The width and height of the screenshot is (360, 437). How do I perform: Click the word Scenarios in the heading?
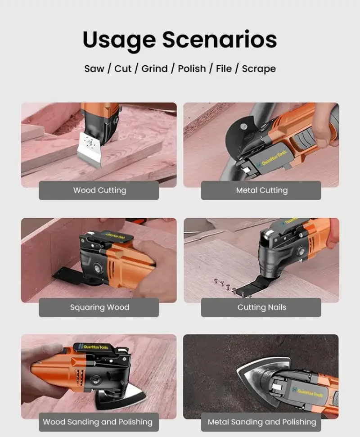coord(220,39)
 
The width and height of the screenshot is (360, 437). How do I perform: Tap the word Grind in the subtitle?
coord(154,68)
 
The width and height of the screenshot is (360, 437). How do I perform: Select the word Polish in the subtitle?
coord(192,68)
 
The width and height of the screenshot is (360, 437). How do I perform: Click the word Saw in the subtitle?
coord(94,69)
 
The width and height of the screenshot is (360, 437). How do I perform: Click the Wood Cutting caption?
coord(99,190)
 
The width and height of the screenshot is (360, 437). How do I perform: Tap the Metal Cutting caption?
coord(261,190)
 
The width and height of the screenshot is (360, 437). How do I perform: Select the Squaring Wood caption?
coord(99,307)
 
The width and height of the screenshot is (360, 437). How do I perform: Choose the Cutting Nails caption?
coord(261,307)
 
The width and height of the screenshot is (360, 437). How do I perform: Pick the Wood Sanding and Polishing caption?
coord(98,422)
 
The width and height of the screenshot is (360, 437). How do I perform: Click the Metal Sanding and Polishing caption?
coord(262,422)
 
